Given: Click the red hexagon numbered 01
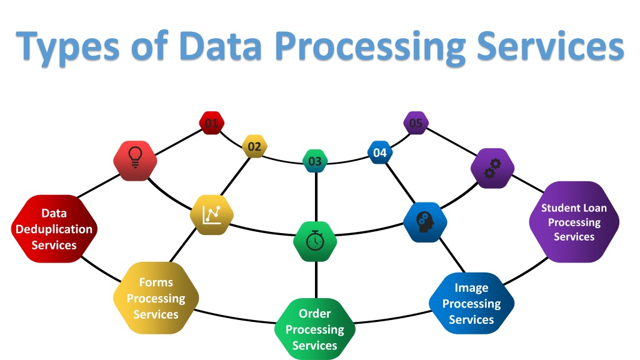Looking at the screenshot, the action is [211, 123].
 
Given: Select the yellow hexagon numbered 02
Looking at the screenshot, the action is [254, 146].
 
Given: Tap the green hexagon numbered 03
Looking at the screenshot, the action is [315, 161].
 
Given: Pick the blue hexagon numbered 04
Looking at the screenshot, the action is [380, 152].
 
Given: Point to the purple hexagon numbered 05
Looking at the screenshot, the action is [416, 123].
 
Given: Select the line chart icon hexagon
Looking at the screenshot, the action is [212, 215].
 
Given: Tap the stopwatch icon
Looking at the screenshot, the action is [315, 241].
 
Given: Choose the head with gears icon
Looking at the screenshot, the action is [425, 222].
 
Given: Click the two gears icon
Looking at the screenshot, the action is [492, 168].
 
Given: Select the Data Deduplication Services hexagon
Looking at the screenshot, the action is [54, 229].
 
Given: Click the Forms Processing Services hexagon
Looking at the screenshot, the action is [156, 298].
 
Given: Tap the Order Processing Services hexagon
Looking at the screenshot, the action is [315, 329].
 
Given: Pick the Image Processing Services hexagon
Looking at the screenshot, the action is [471, 303].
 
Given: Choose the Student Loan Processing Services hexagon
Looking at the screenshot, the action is [574, 222].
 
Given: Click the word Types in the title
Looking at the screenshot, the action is [67, 46].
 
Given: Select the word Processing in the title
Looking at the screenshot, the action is [370, 47].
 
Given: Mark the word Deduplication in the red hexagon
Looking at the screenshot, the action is [54, 229].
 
